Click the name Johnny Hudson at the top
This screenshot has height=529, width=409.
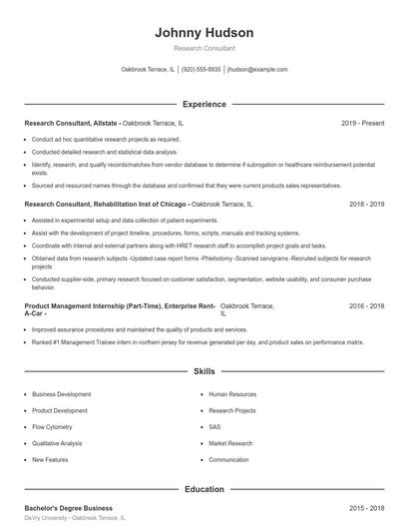(x=204, y=32)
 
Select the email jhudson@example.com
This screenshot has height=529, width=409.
(x=257, y=70)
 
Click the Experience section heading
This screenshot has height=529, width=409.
(x=204, y=104)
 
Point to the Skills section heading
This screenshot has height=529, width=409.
(x=204, y=370)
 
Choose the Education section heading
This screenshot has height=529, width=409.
(x=204, y=489)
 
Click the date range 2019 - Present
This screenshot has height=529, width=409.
(x=362, y=124)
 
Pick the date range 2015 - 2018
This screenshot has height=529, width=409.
(x=366, y=508)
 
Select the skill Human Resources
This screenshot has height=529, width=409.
(x=232, y=393)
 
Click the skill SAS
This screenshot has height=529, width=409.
(x=215, y=426)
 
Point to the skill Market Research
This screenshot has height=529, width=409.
(x=230, y=443)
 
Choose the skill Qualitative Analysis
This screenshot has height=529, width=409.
(x=57, y=443)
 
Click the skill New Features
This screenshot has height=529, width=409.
(x=50, y=459)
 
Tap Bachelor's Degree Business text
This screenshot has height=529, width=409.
(x=68, y=508)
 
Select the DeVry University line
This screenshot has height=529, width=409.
(x=75, y=519)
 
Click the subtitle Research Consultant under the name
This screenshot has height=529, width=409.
(x=204, y=48)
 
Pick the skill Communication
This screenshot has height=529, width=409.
(x=228, y=459)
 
